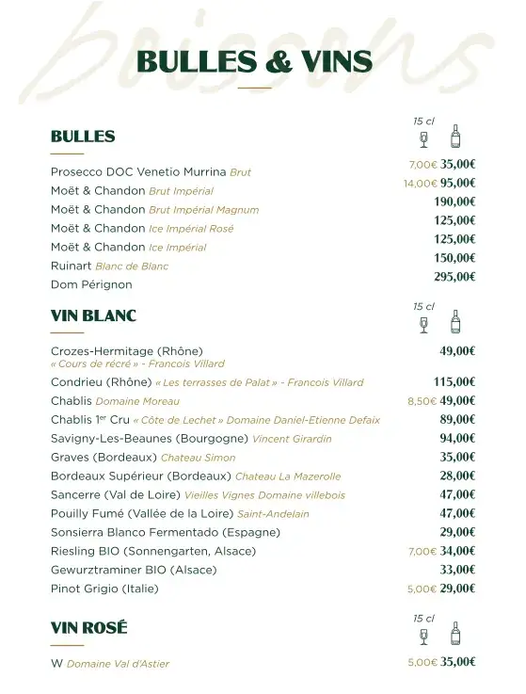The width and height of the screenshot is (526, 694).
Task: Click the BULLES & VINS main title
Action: (x=254, y=62)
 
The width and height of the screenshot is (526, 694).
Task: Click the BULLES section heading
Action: (x=83, y=137)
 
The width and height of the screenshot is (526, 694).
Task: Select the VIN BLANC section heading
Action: (x=93, y=315)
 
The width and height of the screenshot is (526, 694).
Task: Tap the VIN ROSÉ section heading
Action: (x=88, y=628)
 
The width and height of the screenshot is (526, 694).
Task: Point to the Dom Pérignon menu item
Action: (x=91, y=284)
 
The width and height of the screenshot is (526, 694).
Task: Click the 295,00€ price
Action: (x=454, y=277)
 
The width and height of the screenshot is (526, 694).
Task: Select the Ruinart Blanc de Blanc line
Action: (x=109, y=266)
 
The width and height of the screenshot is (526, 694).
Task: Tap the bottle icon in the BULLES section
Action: (x=455, y=137)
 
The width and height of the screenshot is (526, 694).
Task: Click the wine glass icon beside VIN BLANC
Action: (x=423, y=324)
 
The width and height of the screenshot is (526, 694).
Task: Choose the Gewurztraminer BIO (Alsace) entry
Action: (x=134, y=570)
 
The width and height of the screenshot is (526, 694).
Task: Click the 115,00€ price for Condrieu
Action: (x=454, y=382)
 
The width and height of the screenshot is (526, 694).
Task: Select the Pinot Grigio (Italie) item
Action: (x=104, y=589)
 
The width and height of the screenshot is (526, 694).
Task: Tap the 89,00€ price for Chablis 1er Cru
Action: (x=457, y=420)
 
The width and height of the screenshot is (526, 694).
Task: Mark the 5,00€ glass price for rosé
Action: (x=422, y=663)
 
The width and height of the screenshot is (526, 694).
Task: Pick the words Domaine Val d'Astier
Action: (x=118, y=664)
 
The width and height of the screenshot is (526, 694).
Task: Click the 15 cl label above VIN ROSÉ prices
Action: (x=423, y=619)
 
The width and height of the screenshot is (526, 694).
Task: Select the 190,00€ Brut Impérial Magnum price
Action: (x=454, y=202)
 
